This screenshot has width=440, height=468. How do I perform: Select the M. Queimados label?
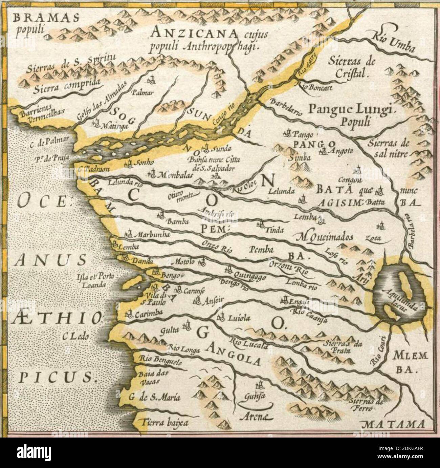pyautogui.click(x=324, y=237)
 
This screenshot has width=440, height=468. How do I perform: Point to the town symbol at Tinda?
pyautogui.click(x=261, y=224)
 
